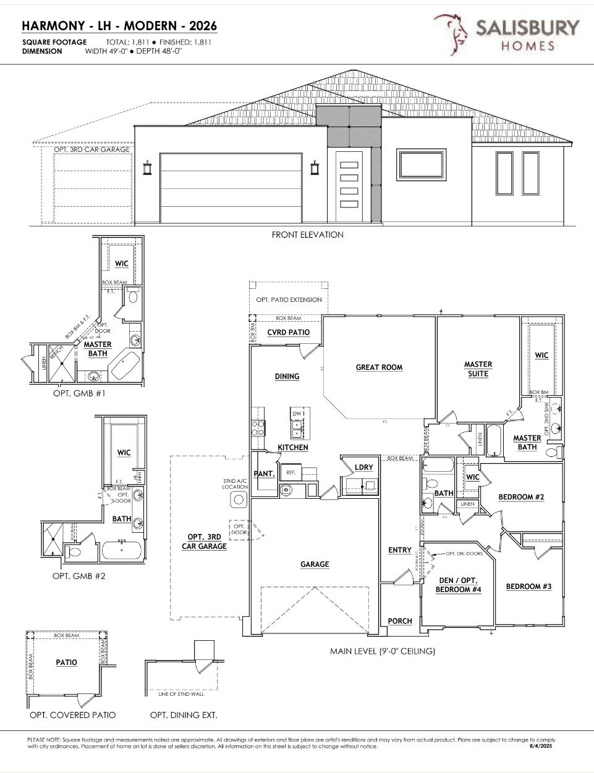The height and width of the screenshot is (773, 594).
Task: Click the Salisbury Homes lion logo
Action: [451, 34]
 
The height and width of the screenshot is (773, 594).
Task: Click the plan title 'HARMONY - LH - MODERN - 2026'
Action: [119, 26]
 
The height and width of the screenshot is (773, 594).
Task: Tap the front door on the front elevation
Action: [349, 186]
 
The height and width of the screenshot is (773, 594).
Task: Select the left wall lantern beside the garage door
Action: [147, 167]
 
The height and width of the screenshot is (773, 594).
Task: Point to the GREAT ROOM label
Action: [379, 367]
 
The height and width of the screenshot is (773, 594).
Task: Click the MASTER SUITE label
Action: [478, 369]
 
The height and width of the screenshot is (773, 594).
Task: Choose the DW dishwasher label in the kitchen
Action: [297, 414]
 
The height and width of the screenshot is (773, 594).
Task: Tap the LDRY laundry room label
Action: [364, 467]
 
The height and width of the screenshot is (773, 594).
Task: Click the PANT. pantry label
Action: [264, 474]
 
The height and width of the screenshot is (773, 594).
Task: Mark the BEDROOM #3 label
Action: [528, 587]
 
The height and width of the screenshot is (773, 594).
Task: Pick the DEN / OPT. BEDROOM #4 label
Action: [458, 585]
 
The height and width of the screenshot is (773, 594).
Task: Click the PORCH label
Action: [399, 621]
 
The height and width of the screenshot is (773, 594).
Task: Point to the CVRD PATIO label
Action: [288, 332]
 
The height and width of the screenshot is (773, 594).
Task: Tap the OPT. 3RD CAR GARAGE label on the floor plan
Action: [204, 541]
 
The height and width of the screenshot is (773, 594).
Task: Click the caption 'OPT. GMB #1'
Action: [79, 393]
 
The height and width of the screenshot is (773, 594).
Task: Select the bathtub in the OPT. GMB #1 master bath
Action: [125, 365]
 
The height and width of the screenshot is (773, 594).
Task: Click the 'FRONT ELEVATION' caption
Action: [307, 235]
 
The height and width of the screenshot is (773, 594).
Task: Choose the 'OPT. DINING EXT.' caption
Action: [184, 715]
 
